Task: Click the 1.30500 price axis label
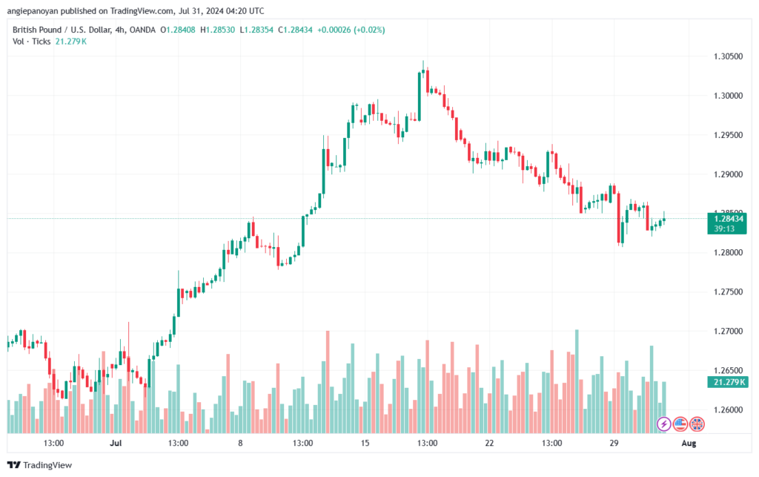click(x=728, y=56)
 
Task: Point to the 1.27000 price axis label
click(x=728, y=332)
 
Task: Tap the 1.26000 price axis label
click(x=728, y=409)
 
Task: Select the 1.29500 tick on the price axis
click(x=728, y=135)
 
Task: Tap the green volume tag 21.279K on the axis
click(x=728, y=382)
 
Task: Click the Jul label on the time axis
click(x=116, y=443)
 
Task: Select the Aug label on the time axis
click(x=689, y=443)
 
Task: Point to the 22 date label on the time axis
click(x=489, y=443)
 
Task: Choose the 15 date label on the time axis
click(x=365, y=443)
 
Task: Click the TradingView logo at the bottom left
click(x=40, y=465)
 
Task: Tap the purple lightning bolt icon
click(x=663, y=424)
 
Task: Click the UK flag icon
click(x=697, y=424)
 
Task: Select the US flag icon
click(x=680, y=424)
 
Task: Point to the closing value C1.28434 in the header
click(x=295, y=30)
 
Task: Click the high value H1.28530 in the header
click(x=217, y=30)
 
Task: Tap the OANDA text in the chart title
click(x=142, y=30)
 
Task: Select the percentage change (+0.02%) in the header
click(x=369, y=30)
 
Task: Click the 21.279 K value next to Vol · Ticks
click(x=70, y=42)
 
